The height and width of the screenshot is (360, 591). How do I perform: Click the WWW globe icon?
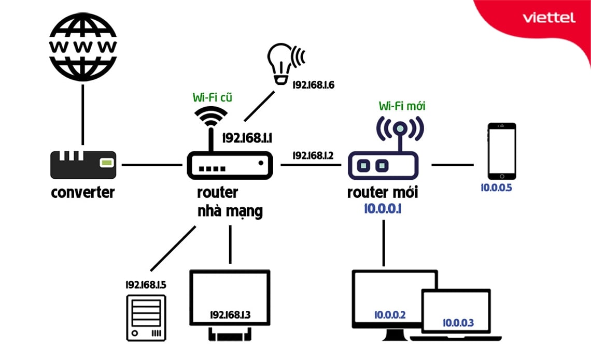(x=83, y=46)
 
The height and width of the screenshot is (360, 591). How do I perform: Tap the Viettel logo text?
(x=549, y=18)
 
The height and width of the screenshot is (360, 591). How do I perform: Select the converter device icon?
(x=83, y=164)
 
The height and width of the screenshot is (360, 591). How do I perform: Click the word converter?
(x=83, y=193)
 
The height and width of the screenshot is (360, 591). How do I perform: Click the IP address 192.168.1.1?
(x=247, y=138)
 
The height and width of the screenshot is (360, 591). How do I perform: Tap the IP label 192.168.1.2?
(x=313, y=155)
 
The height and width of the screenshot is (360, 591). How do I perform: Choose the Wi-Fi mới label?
(x=402, y=106)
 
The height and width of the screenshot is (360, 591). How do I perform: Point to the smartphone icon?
(x=502, y=151)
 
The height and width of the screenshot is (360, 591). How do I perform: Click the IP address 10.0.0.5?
(x=496, y=188)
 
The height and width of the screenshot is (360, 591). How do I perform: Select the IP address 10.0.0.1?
(x=383, y=209)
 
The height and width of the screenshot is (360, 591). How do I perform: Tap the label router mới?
(x=383, y=193)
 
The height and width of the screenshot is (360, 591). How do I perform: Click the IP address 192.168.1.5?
(x=146, y=284)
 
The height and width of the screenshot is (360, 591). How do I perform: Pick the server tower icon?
(x=146, y=318)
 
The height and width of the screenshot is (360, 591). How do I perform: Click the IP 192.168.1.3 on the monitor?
(x=230, y=314)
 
